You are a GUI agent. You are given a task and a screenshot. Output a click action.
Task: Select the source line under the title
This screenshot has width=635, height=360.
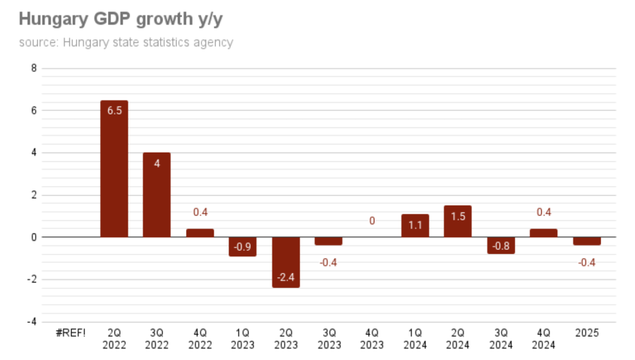point(126,42)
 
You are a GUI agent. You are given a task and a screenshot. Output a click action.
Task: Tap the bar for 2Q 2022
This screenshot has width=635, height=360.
point(114,169)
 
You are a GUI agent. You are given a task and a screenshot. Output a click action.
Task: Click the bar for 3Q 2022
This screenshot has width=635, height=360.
point(157,196)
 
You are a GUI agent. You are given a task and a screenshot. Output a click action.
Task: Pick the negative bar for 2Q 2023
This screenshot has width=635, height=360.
point(286,262)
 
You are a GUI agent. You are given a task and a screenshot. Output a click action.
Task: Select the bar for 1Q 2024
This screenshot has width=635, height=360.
point(415,226)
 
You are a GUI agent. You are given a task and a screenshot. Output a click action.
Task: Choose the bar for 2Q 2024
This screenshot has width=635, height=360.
point(458,222)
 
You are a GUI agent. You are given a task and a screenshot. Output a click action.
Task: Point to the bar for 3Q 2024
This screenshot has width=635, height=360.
point(501,245)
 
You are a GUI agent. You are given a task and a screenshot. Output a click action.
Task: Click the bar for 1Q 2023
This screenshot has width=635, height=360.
point(243,246)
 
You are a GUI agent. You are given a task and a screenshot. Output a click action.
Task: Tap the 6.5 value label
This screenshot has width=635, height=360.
point(114,111)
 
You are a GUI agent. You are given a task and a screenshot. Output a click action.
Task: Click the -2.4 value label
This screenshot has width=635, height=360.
point(286,277)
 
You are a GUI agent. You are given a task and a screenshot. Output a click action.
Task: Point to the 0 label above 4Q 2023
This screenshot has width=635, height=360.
point(372,221)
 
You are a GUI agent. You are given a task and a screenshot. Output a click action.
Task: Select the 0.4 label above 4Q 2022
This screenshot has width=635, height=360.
point(200,212)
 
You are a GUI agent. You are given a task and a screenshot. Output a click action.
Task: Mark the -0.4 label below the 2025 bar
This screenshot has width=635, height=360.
point(587,263)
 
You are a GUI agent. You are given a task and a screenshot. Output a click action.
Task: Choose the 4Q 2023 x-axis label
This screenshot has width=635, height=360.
point(372,339)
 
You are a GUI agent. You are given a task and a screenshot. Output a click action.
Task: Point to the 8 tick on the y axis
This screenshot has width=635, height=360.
point(33,68)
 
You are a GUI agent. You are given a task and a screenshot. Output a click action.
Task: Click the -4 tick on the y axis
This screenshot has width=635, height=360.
point(32,323)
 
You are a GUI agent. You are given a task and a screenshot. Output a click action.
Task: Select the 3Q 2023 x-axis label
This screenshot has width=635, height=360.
point(329,339)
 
